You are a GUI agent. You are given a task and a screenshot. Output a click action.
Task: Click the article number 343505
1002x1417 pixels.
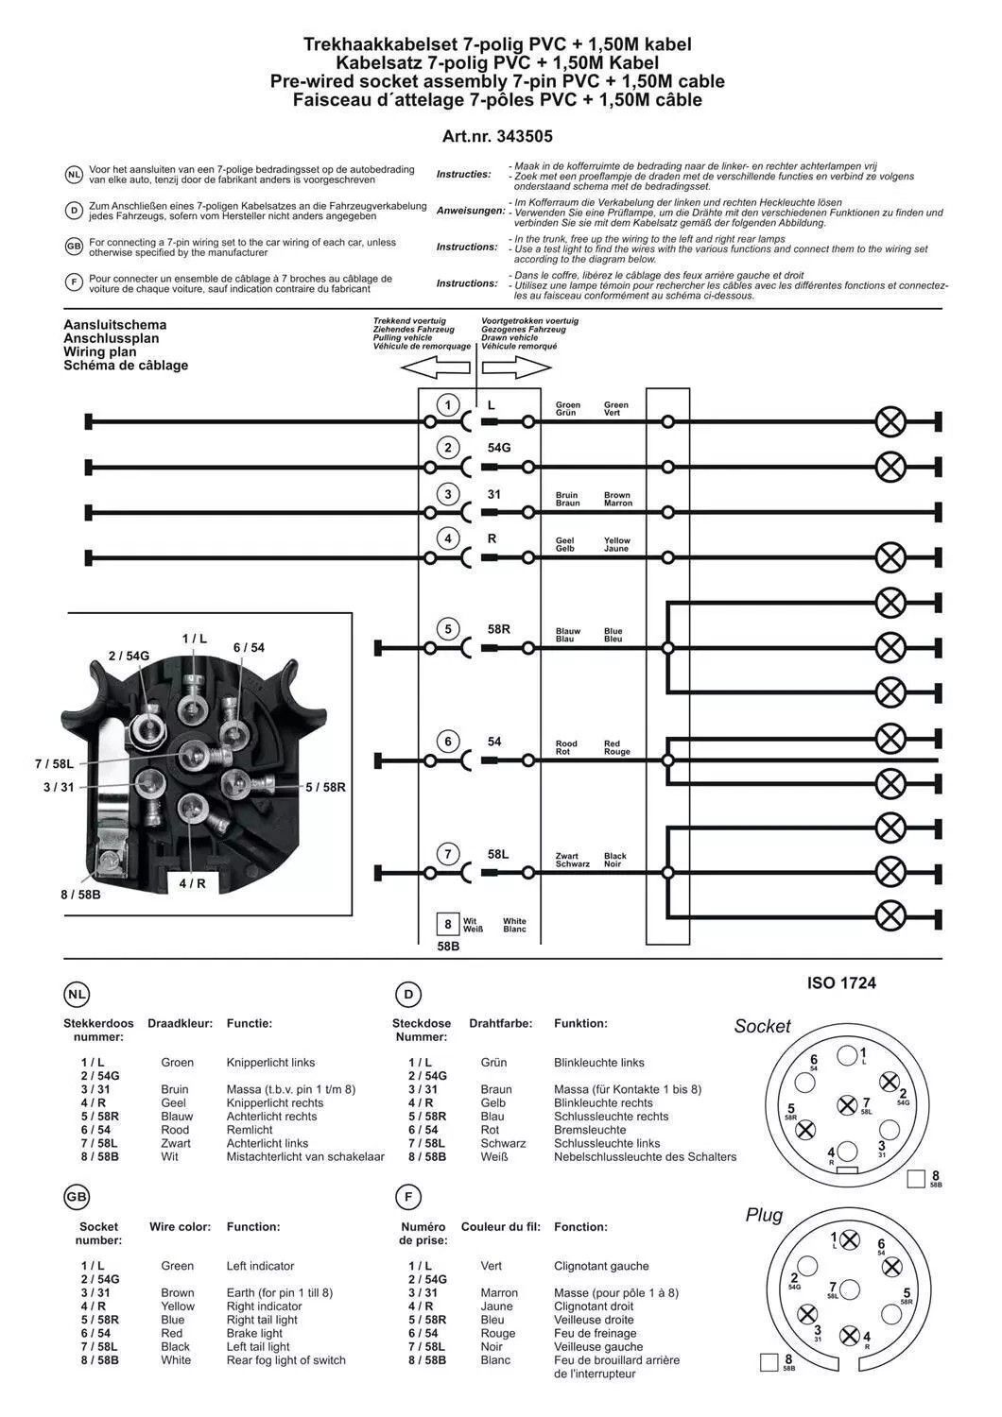[x=497, y=136]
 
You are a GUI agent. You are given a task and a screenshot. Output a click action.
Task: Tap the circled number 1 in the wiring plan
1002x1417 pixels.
[x=448, y=405]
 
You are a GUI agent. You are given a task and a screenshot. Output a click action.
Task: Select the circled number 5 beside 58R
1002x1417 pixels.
[x=448, y=629]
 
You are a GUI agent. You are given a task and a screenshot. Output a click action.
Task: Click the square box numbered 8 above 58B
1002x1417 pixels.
[x=448, y=924]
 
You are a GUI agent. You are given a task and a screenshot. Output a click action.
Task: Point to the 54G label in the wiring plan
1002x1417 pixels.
[x=499, y=448]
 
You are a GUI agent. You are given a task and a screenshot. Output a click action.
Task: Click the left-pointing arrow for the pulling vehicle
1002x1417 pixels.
[x=436, y=367]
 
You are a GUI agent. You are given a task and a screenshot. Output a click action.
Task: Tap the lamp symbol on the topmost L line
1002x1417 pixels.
[x=890, y=421]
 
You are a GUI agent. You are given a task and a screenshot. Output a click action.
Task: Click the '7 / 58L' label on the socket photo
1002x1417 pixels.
[x=54, y=763]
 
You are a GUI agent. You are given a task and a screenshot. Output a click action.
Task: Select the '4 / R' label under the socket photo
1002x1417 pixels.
[x=192, y=883]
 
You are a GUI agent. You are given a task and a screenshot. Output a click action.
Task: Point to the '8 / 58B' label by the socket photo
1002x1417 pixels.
[x=80, y=894]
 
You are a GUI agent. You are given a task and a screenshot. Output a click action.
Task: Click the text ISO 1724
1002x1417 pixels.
[x=841, y=983]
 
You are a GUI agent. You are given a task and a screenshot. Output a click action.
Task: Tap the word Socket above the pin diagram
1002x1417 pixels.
[x=762, y=1027]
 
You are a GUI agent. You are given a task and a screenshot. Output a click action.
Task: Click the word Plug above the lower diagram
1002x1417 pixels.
[x=764, y=1215]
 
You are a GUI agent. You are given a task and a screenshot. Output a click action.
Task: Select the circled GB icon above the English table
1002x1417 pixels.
[x=77, y=1197]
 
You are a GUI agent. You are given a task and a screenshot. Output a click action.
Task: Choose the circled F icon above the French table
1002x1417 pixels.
[x=407, y=1197]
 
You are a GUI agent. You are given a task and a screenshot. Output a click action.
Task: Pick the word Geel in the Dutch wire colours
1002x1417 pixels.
[x=174, y=1102]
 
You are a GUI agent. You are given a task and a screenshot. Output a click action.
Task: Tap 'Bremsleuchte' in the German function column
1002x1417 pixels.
[x=590, y=1130]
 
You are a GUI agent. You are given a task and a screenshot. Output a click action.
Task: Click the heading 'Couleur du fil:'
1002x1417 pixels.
[x=500, y=1227]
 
